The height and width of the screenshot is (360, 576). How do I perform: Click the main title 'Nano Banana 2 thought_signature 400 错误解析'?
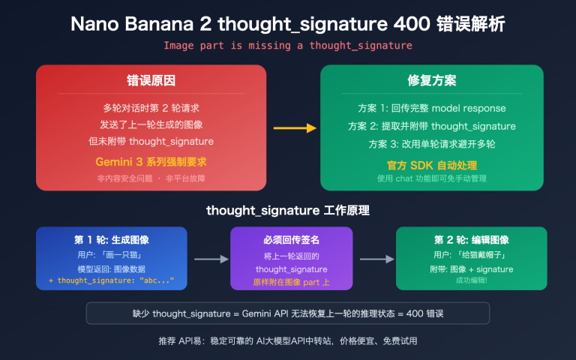288,23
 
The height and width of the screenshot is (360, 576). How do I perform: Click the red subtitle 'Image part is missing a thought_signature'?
288,46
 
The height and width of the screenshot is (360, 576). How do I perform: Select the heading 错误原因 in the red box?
151,81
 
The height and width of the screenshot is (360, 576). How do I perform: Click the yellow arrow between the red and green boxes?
293,128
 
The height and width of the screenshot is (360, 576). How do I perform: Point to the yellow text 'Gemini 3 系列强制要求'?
151,163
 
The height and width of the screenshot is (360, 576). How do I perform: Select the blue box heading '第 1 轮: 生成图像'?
112,240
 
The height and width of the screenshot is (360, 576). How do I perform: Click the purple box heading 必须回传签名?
292,240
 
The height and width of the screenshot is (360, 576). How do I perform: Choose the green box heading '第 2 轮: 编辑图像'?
472,240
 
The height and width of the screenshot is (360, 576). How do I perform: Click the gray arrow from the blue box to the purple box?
211,259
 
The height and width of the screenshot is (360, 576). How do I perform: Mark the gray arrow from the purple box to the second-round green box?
377,259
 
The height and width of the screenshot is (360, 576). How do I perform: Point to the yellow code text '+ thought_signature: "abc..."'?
112,280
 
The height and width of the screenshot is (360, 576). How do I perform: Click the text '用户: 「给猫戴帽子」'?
472,255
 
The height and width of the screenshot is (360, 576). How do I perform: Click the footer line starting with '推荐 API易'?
288,340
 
